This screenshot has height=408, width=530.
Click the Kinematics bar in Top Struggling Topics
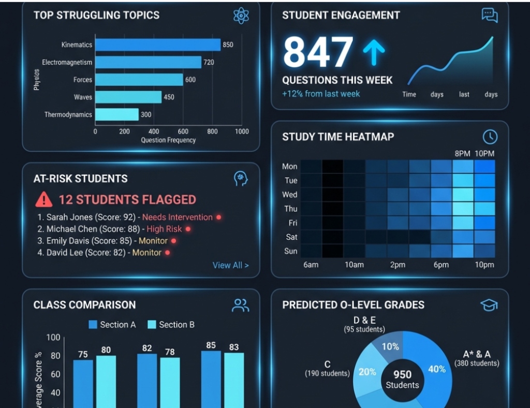pyautogui.click(x=158, y=45)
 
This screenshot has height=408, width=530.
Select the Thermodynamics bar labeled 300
pyautogui.click(x=117, y=114)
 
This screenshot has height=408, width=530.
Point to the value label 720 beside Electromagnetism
pyautogui.click(x=209, y=62)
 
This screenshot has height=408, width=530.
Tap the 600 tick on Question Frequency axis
pyautogui.click(x=183, y=132)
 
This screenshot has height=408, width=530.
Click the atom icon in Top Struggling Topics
pyautogui.click(x=241, y=16)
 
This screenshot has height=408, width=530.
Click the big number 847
pyautogui.click(x=318, y=52)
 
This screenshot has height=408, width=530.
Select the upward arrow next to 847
pyautogui.click(x=374, y=53)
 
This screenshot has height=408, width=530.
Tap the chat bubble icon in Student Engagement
pyautogui.click(x=489, y=15)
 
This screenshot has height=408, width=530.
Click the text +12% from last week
pyautogui.click(x=321, y=94)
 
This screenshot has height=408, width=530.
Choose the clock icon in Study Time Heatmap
pyautogui.click(x=490, y=137)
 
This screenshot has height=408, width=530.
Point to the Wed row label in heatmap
pyautogui.click(x=290, y=195)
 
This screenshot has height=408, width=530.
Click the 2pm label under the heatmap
pyautogui.click(x=397, y=265)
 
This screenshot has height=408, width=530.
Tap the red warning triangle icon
pyautogui.click(x=44, y=199)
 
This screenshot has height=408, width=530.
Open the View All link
pyautogui.click(x=230, y=265)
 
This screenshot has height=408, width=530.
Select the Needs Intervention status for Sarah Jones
pyautogui.click(x=178, y=217)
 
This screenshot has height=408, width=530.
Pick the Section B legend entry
pyautogui.click(x=171, y=325)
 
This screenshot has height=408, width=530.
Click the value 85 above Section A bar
pyautogui.click(x=211, y=345)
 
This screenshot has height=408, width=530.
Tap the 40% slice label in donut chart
pyautogui.click(x=437, y=369)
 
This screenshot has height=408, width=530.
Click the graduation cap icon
pyautogui.click(x=489, y=305)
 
